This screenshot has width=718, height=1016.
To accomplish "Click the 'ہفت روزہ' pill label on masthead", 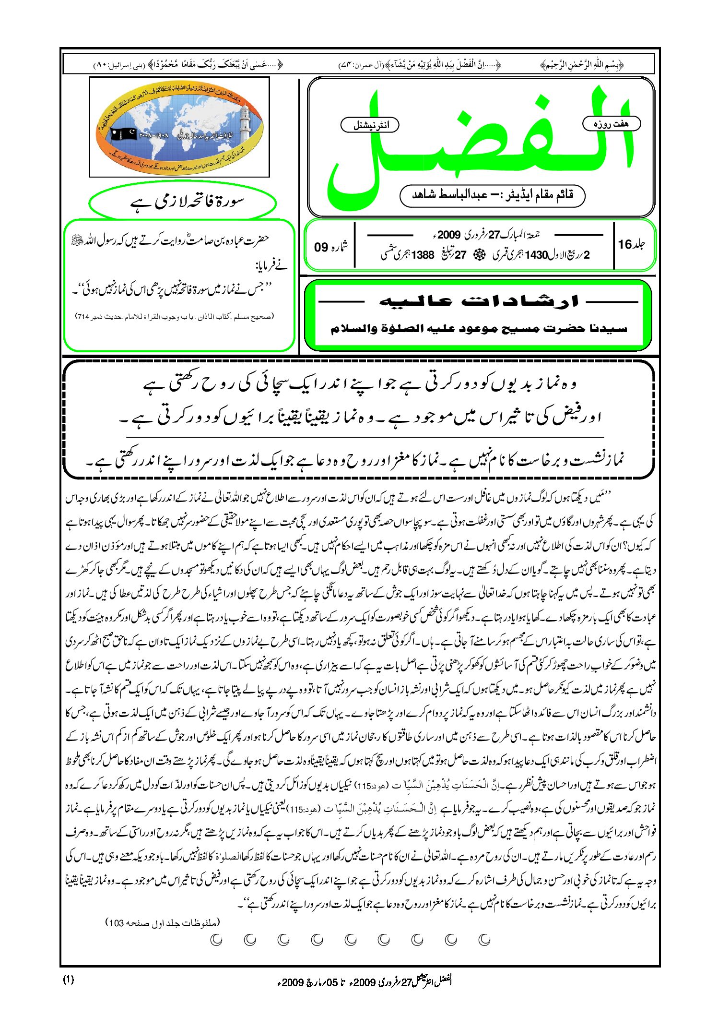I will [611, 124].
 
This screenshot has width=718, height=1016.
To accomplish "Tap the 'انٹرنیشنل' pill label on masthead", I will [370, 125].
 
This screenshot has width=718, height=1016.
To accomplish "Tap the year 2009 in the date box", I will [449, 235].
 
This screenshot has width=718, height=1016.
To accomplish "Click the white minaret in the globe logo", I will [245, 120].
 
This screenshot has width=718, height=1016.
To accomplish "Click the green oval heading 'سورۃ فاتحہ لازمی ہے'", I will [182, 202].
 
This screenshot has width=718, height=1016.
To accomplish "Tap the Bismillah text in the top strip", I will [582, 64].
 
